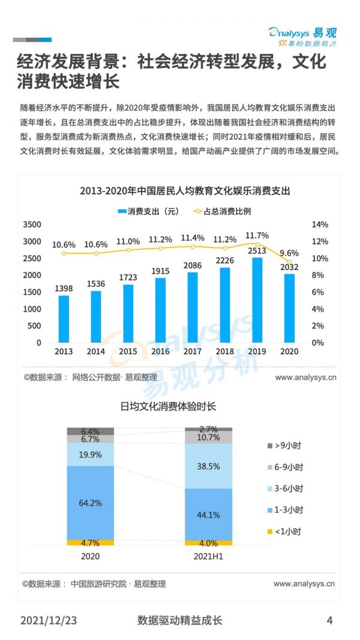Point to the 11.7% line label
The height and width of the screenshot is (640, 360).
point(257,235)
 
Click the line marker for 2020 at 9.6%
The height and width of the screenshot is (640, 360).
point(289,262)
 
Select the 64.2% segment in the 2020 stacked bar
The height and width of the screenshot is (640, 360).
point(90,502)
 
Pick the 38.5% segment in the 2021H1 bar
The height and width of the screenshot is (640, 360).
point(208,466)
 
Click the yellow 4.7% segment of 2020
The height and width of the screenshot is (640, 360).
point(90,543)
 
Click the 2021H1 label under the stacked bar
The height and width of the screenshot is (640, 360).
point(208,557)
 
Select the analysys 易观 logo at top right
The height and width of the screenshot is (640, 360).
point(303,37)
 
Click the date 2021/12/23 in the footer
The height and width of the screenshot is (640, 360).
point(49,620)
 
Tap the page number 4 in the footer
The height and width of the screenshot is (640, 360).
point(329,620)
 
